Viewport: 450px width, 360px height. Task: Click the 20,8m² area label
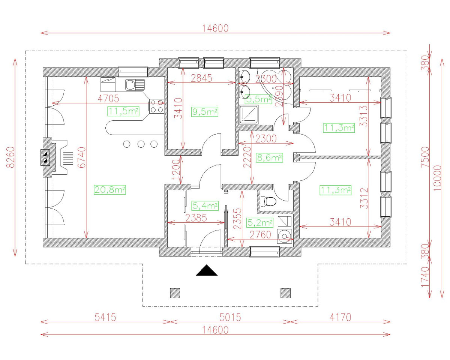tap(109, 190)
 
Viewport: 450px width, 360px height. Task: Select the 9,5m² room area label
tap(205, 111)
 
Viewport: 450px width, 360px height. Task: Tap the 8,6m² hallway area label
tap(269, 158)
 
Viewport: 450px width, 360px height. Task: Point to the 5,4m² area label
tap(205, 205)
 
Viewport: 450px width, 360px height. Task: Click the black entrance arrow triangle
tap(207, 270)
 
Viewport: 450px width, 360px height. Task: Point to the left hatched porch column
tap(175, 293)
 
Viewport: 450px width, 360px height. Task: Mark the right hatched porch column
tap(286, 293)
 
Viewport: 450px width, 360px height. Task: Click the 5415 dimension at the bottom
tap(105, 317)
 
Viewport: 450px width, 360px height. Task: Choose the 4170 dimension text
tap(340, 317)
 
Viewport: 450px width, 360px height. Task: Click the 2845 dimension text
tap(202, 78)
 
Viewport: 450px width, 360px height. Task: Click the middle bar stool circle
tap(141, 144)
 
